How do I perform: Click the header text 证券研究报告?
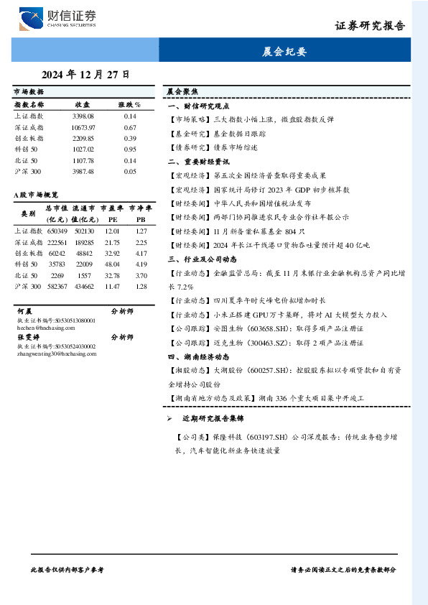[370, 26]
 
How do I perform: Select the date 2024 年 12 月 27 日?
[86, 74]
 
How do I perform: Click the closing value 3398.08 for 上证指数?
[83, 116]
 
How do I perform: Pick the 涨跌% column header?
[130, 104]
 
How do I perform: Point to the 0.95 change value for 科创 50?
[130, 149]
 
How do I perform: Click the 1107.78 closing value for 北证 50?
[83, 160]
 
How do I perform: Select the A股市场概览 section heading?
[36, 195]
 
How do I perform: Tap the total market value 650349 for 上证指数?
[57, 231]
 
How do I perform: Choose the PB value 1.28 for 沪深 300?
[141, 286]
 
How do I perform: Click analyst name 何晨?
[24, 313]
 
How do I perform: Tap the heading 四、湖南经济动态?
[198, 356]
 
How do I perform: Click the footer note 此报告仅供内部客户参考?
[68, 569]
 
